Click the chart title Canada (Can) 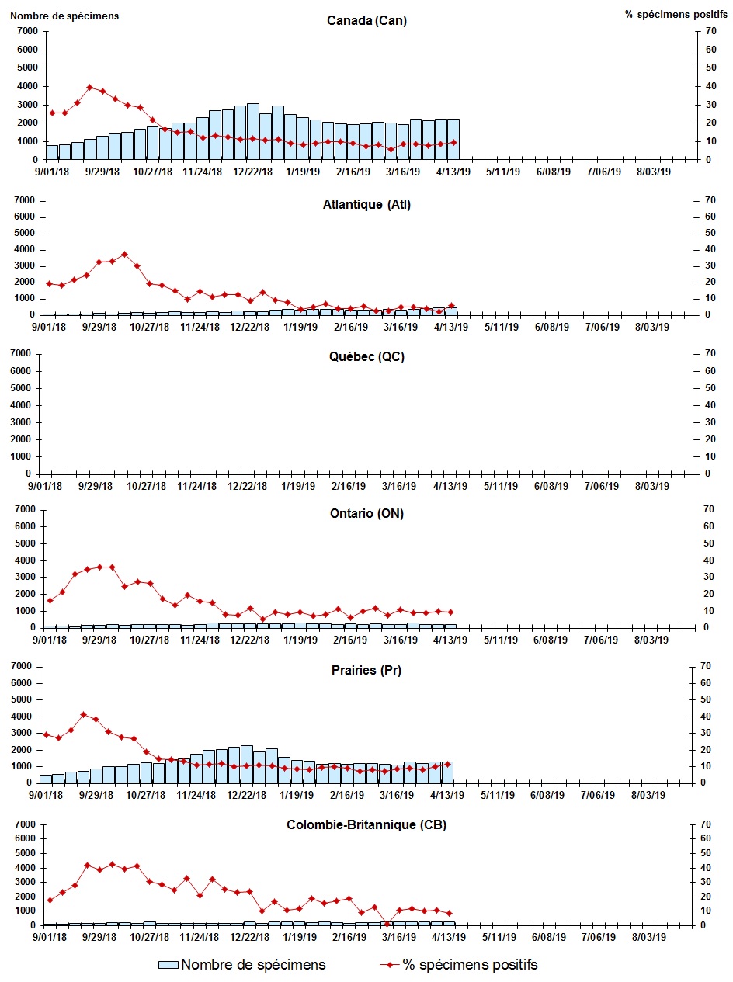(x=366, y=21)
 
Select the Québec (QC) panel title (x=366, y=357)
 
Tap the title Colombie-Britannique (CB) (x=366, y=825)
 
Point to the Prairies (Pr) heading (x=366, y=671)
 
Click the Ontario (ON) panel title (x=366, y=513)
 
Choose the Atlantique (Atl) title (x=366, y=205)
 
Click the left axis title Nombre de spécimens (x=64, y=16)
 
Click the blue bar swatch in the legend (x=168, y=965)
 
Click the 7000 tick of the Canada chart (x=26, y=31)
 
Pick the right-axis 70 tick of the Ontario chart (x=707, y=509)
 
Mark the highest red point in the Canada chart (x=89, y=87)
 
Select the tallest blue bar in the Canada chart (x=253, y=131)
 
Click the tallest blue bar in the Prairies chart (x=246, y=764)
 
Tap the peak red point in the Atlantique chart (x=124, y=254)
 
